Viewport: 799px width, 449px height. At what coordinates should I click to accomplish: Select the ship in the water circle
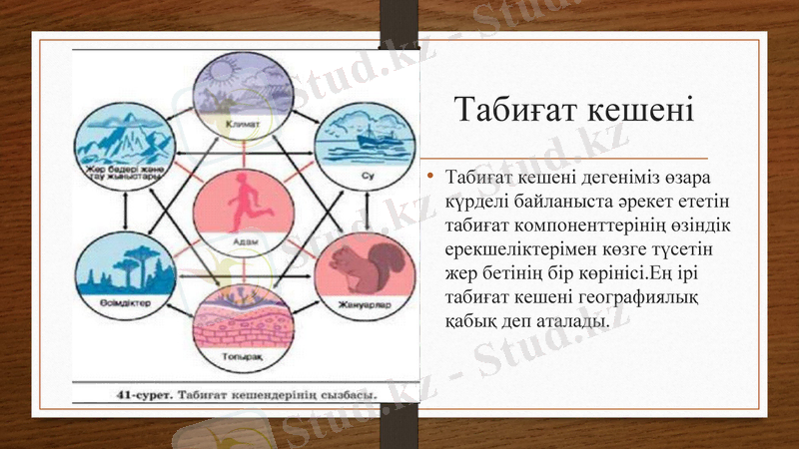pos(356,136)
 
